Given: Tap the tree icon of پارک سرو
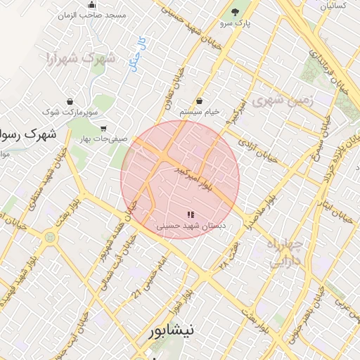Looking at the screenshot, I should point(234,12).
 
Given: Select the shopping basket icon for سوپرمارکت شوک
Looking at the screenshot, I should point(70,101).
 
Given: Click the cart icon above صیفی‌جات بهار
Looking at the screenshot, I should point(103,128).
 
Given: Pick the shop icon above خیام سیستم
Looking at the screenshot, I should point(200,101).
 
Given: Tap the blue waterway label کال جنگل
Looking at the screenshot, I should point(135,53).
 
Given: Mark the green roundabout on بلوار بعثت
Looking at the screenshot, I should point(49,238).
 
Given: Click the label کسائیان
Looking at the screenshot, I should point(333,6).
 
